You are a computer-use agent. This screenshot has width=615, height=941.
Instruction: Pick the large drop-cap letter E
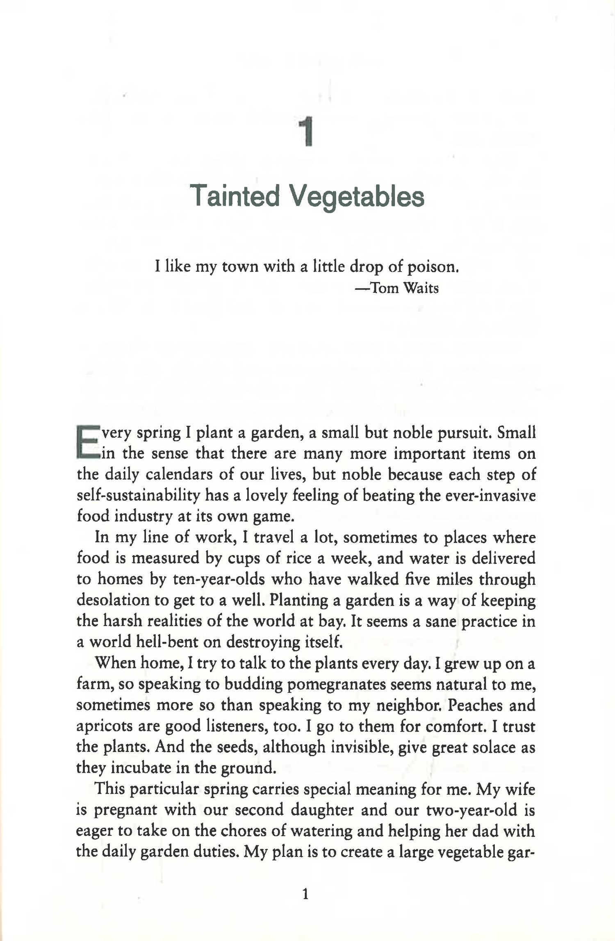coord(87,442)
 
